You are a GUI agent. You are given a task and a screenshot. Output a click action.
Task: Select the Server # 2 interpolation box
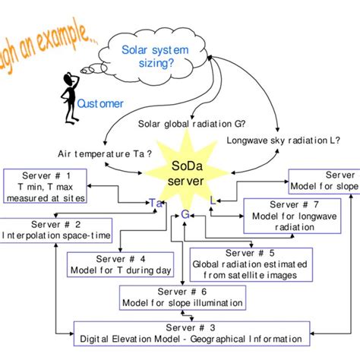[x=55, y=229]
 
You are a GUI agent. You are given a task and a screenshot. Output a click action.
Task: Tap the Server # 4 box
[x=122, y=264]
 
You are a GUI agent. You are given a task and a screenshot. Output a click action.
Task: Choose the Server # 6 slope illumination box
[x=183, y=297]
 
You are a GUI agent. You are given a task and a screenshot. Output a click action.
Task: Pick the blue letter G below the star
[x=185, y=215]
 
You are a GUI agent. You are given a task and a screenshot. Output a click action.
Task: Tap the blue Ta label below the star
[x=156, y=204]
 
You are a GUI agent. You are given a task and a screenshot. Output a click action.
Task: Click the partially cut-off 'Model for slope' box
[x=323, y=181]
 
